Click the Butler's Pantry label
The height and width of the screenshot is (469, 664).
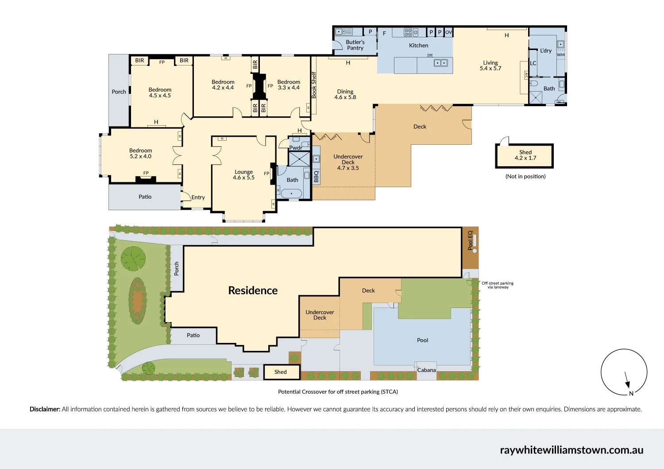click(355, 45)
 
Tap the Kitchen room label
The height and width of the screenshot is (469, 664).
click(418, 46)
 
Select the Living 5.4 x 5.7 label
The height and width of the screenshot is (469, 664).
click(490, 65)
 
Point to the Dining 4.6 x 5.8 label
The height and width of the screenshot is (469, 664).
click(345, 94)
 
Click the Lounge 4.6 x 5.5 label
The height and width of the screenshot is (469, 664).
click(243, 175)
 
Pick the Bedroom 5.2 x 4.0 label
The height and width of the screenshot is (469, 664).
click(140, 154)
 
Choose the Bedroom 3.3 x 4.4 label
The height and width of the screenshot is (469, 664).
click(289, 85)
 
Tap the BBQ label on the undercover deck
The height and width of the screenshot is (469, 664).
click(316, 177)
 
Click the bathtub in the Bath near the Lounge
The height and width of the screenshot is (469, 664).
click(291, 193)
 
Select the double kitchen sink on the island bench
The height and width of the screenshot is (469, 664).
click(440, 63)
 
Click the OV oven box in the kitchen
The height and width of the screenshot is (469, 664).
click(448, 32)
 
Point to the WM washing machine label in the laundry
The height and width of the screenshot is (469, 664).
click(561, 55)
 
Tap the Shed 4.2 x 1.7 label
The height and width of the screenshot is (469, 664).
click(525, 155)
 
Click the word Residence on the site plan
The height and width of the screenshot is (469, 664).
click(253, 291)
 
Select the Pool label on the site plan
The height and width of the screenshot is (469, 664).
click(422, 340)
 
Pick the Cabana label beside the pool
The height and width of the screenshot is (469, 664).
click(426, 370)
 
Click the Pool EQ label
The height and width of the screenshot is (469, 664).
click(470, 240)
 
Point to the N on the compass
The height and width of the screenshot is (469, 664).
click(631, 393)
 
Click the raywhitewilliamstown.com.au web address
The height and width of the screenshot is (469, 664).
click(571, 450)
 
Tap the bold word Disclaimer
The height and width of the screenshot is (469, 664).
click(45, 409)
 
